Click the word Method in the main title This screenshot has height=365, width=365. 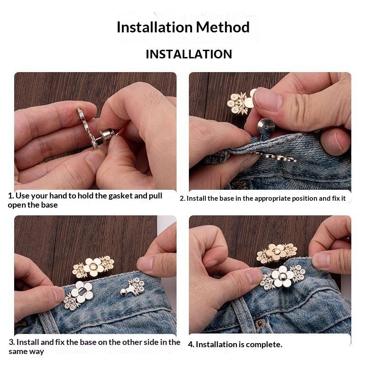(223, 27)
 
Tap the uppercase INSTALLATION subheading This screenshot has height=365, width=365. (189, 54)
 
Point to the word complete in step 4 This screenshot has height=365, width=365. (264, 345)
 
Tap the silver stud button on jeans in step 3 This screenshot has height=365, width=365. (124, 292)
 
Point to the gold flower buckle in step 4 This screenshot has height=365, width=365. (276, 253)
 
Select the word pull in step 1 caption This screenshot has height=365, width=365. (156, 196)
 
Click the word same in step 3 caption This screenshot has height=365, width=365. (19, 352)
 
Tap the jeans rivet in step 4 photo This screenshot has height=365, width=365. (260, 323)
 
